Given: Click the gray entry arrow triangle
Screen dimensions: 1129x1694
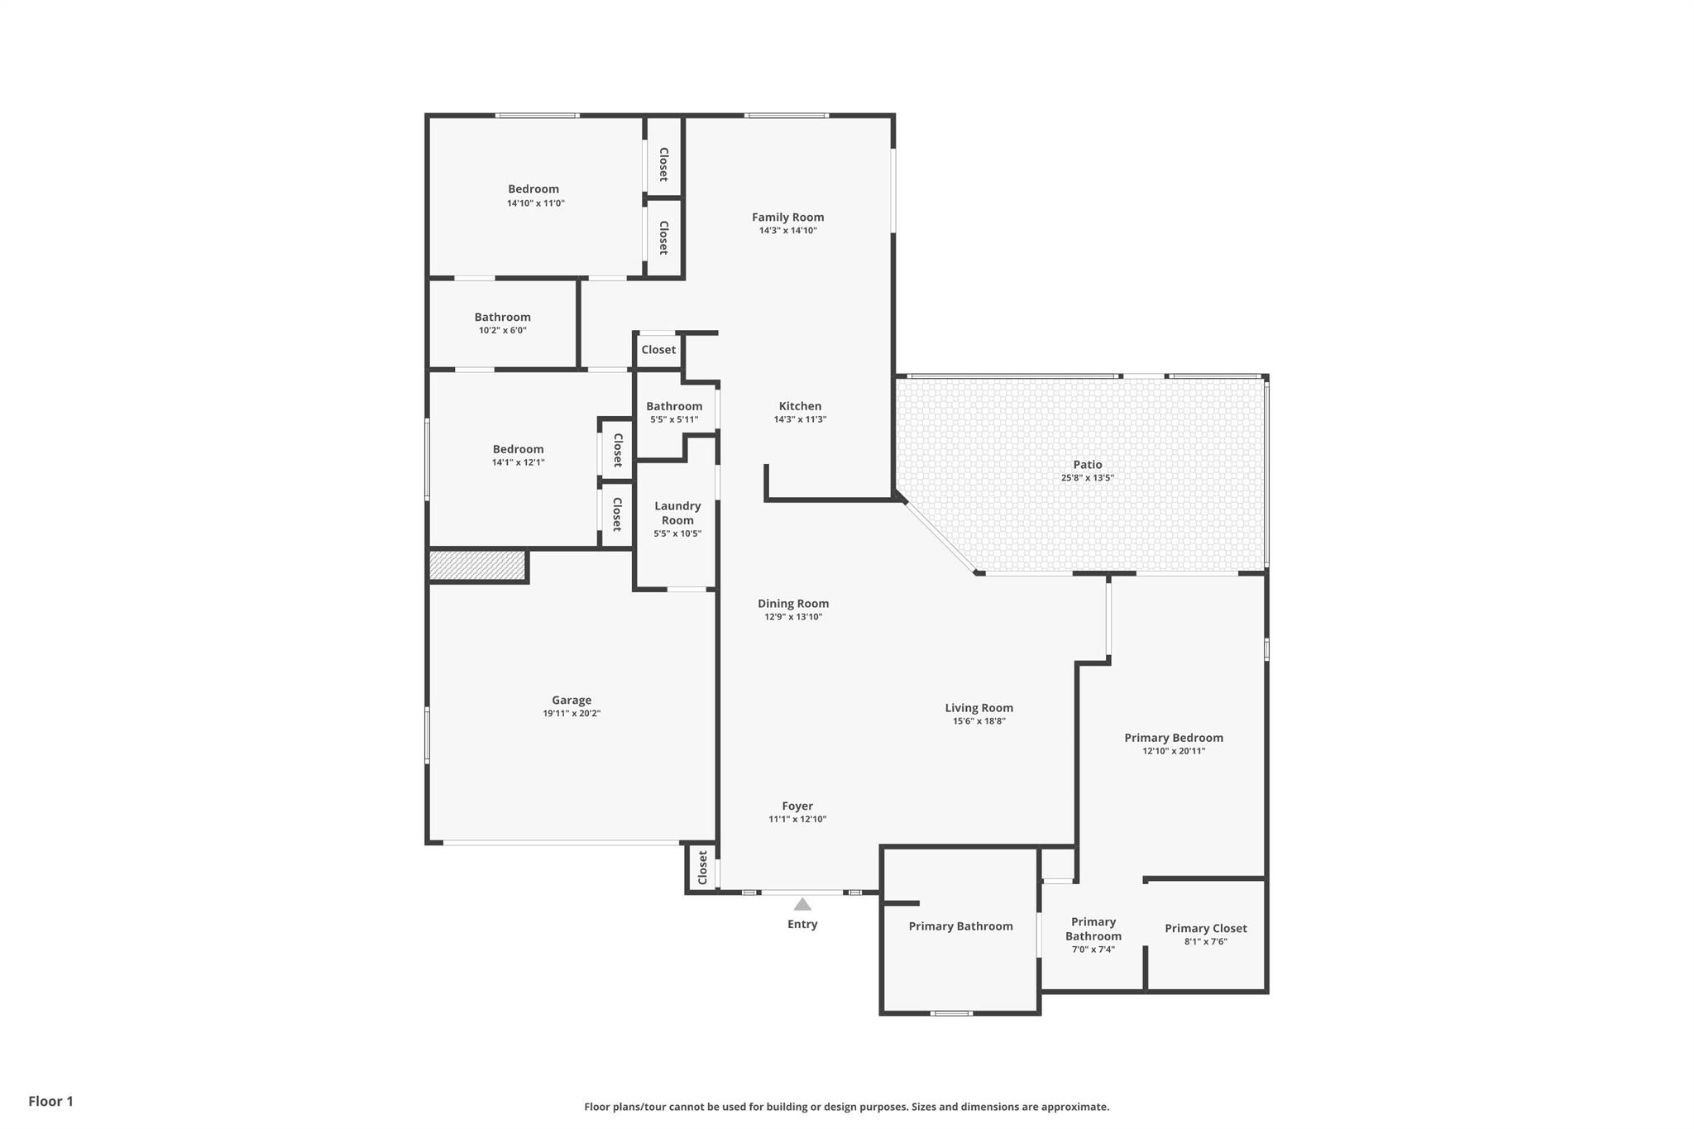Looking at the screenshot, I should pos(802,904).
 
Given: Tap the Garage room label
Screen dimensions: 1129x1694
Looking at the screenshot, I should pos(572,700).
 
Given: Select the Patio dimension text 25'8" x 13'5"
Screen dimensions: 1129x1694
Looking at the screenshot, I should pos(1087,478).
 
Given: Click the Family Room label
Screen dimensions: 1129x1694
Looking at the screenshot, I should pos(787,217).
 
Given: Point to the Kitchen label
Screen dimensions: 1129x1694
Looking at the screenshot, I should pos(800,406).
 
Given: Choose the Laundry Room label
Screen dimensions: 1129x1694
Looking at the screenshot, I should pos(677,513).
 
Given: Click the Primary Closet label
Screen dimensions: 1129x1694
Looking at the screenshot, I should pos(1205,928).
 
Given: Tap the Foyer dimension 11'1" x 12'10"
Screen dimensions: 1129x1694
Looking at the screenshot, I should pos(797,820).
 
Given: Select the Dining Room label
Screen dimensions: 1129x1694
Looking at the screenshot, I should pos(792,604).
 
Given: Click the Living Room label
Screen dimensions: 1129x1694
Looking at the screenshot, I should pos(979,708).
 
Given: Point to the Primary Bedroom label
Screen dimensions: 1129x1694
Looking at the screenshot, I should pos(1173,738).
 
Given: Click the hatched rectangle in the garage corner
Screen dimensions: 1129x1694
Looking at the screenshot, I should pos(477,566).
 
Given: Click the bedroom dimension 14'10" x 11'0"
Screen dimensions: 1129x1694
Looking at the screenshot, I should pos(535,203).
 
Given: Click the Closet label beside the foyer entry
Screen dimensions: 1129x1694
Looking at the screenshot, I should pos(702,868).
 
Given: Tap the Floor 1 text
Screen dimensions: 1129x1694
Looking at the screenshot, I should pos(51,1101).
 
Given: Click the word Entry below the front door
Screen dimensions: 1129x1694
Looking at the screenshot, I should pos(802,924).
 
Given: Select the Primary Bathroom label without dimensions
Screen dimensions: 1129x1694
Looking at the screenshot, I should pos(960,926).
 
